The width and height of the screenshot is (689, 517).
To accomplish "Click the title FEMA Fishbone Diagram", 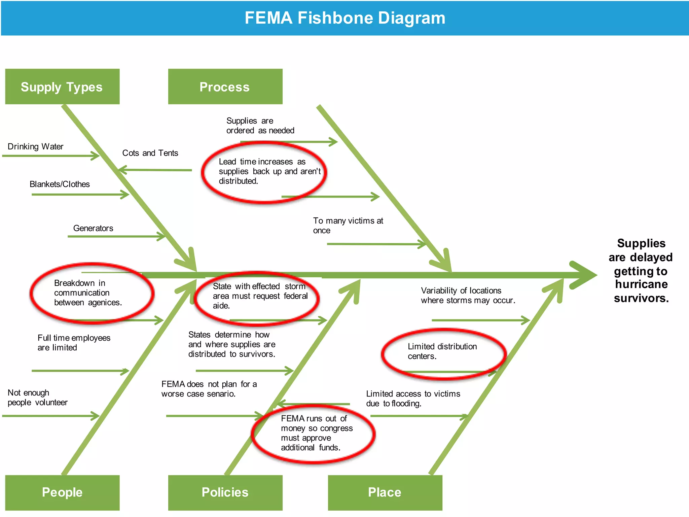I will pyautogui.click(x=344, y=18).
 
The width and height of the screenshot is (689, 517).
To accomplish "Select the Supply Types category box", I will pyautogui.click(x=62, y=87).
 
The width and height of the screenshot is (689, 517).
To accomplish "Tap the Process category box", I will pyautogui.click(x=225, y=87).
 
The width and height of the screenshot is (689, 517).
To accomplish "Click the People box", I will pyautogui.click(x=62, y=492).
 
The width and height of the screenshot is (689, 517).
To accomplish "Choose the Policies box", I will pyautogui.click(x=225, y=492).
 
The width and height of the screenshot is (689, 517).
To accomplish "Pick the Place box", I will pyautogui.click(x=385, y=492).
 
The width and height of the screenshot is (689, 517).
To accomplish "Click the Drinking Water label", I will pyautogui.click(x=36, y=147).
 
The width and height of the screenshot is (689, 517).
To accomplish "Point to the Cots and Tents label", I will pyautogui.click(x=150, y=153).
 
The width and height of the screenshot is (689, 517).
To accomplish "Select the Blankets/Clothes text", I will pyautogui.click(x=60, y=184).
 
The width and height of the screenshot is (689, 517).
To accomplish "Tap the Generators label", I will pyautogui.click(x=93, y=229).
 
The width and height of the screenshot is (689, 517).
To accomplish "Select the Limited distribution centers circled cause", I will pyautogui.click(x=442, y=351).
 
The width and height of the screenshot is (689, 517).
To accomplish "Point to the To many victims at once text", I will pyautogui.click(x=348, y=226).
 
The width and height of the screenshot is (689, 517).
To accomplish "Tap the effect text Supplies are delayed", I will pyautogui.click(x=641, y=271).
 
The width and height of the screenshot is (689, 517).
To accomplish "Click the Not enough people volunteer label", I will pyautogui.click(x=37, y=398).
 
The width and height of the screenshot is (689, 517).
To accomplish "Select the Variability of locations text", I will pyautogui.click(x=468, y=296).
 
